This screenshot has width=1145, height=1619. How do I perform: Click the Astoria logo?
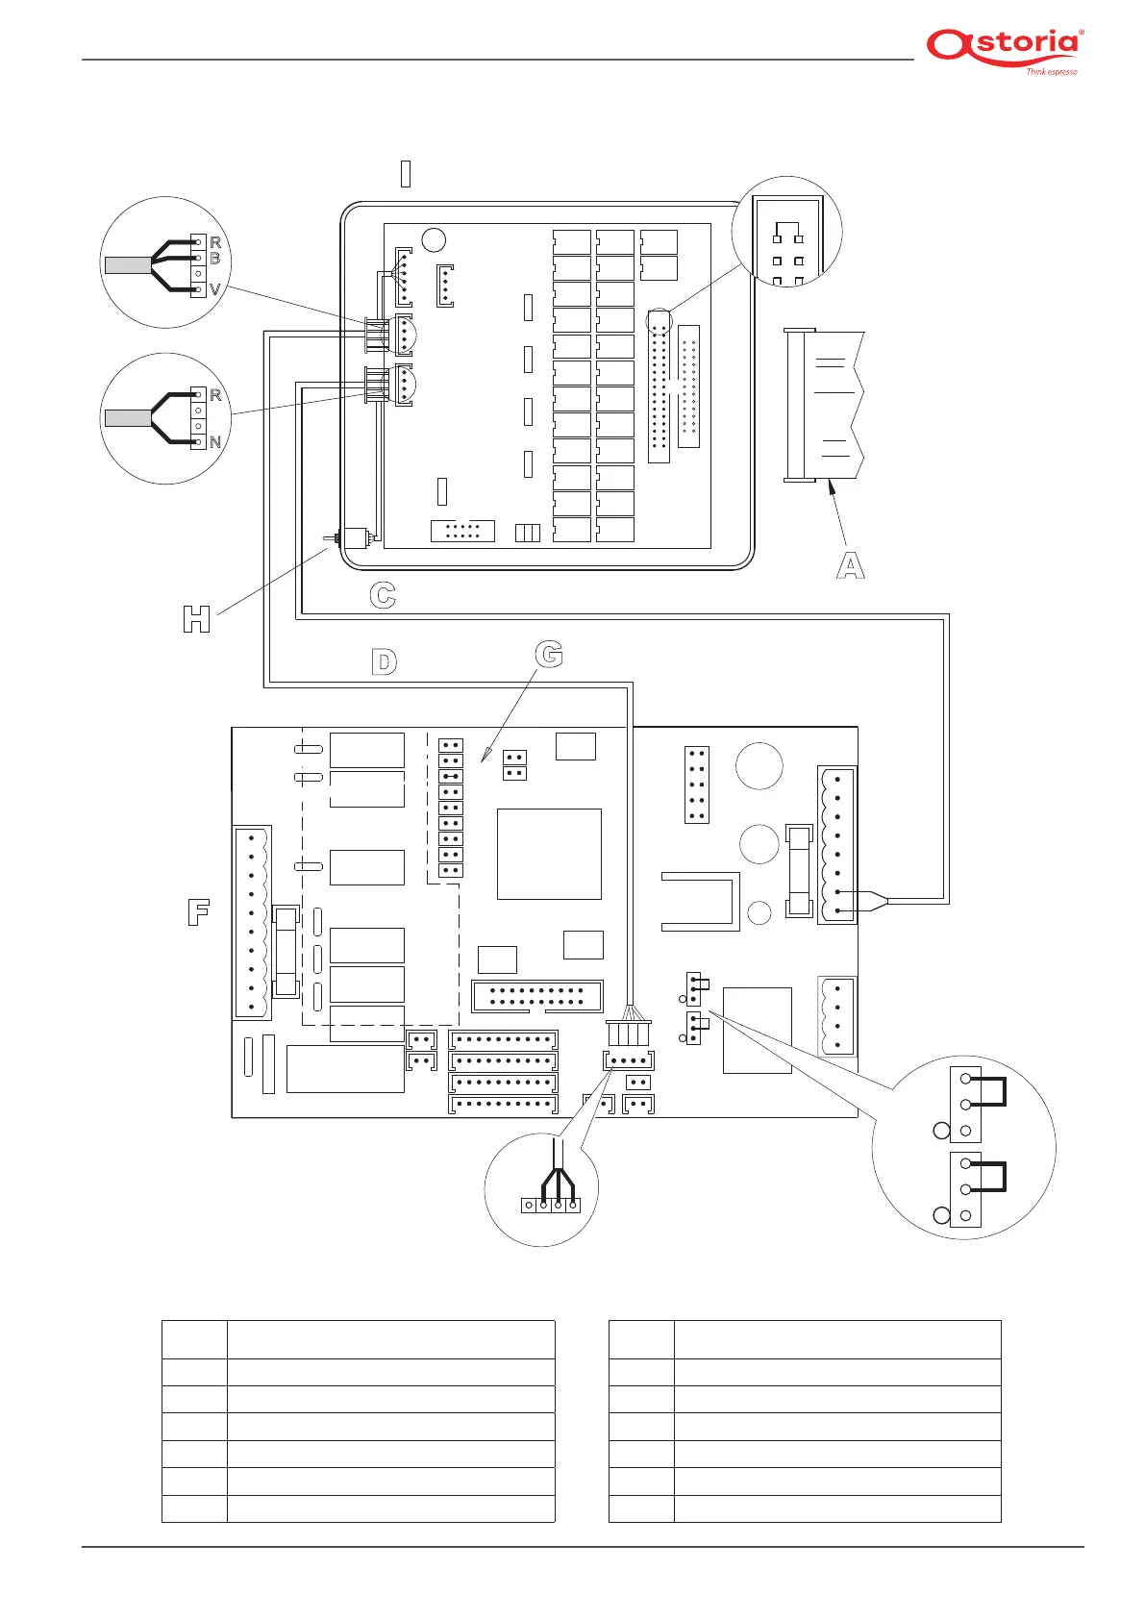point(1004,46)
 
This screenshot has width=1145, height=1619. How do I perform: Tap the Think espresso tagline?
point(1051,72)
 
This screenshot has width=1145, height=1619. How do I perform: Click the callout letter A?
point(850,565)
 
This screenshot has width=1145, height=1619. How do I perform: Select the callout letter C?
point(383,596)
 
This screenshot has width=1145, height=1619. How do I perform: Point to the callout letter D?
point(384,661)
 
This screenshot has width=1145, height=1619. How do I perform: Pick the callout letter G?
point(549,655)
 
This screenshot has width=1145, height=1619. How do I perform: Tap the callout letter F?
point(198,911)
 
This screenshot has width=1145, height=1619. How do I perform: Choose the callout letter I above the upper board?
point(406,174)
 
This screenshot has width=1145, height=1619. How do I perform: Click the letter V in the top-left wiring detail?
point(215,289)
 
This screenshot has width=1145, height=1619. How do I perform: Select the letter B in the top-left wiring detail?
point(215,259)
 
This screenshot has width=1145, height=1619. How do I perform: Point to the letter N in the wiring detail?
point(215,442)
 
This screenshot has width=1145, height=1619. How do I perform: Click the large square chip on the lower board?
point(549,854)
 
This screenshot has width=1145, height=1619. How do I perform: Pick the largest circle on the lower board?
point(759,766)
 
